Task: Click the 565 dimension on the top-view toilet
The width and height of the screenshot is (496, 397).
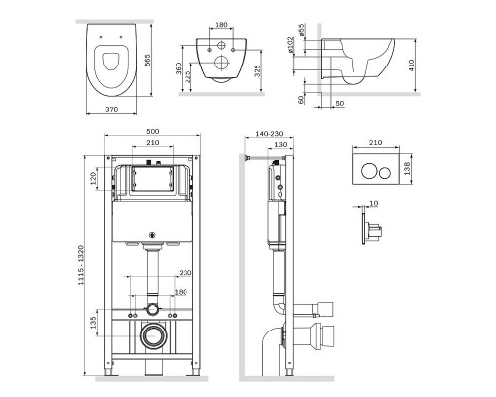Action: pyautogui.click(x=147, y=60)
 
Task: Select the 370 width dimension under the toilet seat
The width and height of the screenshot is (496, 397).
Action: pyautogui.click(x=111, y=109)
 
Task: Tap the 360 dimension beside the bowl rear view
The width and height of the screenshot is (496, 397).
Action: pyautogui.click(x=179, y=68)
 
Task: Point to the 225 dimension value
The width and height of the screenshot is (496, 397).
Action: pyautogui.click(x=187, y=77)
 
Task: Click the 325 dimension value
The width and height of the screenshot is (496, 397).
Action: pyautogui.click(x=258, y=71)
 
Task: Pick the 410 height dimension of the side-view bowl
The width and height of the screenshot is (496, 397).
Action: pyautogui.click(x=411, y=66)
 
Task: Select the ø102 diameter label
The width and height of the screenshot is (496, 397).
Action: pyautogui.click(x=290, y=45)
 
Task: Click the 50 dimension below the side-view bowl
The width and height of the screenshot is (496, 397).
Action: pyautogui.click(x=340, y=104)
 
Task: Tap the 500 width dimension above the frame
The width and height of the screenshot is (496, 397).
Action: pyautogui.click(x=153, y=131)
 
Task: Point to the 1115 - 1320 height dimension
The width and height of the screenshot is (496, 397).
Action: pyautogui.click(x=81, y=265)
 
